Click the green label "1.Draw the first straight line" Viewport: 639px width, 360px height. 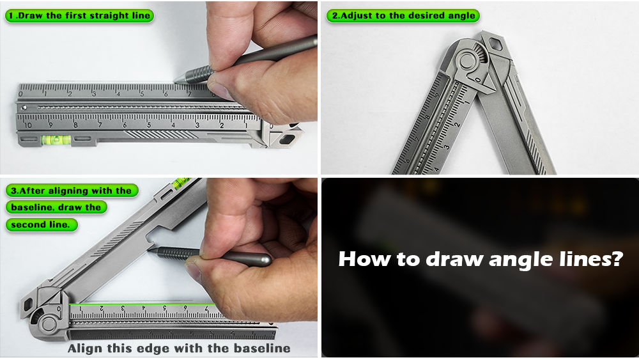point(79,16)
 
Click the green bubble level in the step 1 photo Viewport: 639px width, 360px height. point(56,140)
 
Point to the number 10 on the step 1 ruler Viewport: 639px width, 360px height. point(27,125)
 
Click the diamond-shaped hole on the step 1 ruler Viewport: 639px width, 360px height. point(287,139)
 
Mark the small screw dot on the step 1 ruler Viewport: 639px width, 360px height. point(24,108)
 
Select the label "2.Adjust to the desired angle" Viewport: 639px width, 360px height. point(403,16)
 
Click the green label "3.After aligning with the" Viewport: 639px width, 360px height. point(72,191)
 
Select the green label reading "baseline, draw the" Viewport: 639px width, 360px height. point(56,207)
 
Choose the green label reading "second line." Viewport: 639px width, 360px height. point(41,224)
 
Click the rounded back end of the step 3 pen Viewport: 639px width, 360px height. point(267,260)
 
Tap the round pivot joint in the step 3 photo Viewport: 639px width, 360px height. point(49,324)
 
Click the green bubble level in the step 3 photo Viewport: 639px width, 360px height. point(181,182)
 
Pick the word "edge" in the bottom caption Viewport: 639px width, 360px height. point(156,348)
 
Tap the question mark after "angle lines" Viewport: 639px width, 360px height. point(617,258)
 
